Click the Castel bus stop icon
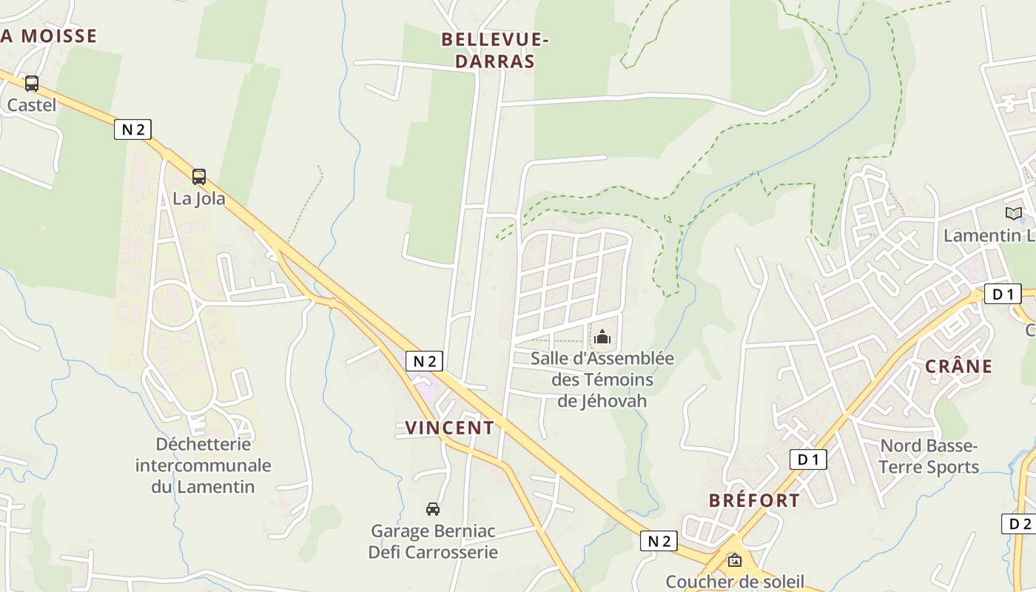pos(31,84)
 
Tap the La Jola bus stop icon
pos(199,177)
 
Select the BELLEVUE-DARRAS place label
pos(494,50)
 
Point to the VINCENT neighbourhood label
pos(449,428)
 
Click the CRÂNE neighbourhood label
pos(958,366)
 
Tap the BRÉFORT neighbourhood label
pos(754,500)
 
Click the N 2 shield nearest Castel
pos(133,129)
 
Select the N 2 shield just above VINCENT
pos(425,361)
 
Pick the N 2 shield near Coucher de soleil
pos(659,541)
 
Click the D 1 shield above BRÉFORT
pos(808,460)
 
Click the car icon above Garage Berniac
pos(433,509)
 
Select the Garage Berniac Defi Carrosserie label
pos(433,542)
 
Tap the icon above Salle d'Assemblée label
pos(602,337)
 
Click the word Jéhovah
pos(602,401)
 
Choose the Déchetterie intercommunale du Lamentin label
pos(203,465)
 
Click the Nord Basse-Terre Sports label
pos(929,457)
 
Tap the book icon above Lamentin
pos(1013,214)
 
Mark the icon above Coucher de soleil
pos(734,560)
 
